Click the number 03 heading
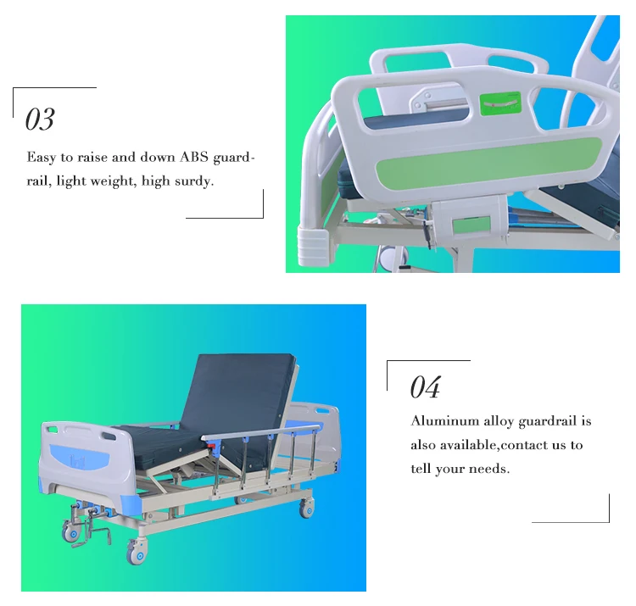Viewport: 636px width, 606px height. [40, 120]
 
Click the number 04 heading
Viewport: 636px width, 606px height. [425, 386]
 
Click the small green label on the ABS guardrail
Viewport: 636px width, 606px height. [500, 103]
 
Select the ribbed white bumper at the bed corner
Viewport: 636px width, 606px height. [313, 246]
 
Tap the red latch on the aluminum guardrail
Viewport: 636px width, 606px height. [212, 446]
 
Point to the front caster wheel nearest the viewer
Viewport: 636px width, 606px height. [136, 552]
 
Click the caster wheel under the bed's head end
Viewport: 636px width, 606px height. [306, 508]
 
